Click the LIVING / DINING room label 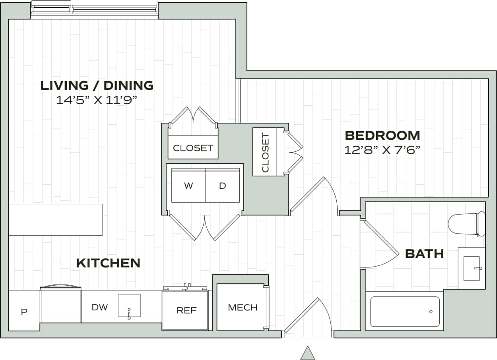pyautogui.click(x=97, y=85)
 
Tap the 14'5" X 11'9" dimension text pyautogui.click(x=97, y=100)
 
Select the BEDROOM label pyautogui.click(x=382, y=135)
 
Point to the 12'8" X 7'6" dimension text pyautogui.click(x=382, y=150)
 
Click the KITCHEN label pyautogui.click(x=108, y=263)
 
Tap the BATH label pyautogui.click(x=424, y=254)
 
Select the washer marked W pyautogui.click(x=188, y=186)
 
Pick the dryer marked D pyautogui.click(x=222, y=186)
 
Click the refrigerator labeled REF pyautogui.click(x=186, y=310)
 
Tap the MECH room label pyautogui.click(x=243, y=307)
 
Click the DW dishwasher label pyautogui.click(x=99, y=307)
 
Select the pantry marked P pyautogui.click(x=24, y=312)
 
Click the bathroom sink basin pyautogui.click(x=472, y=268)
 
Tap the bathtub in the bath pyautogui.click(x=404, y=312)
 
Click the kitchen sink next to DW pyautogui.click(x=129, y=306)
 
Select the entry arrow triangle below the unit pyautogui.click(x=307, y=353)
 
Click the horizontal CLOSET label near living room pyautogui.click(x=193, y=148)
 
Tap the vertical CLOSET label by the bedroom pyautogui.click(x=266, y=152)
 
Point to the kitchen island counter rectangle pyautogui.click(x=56, y=219)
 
